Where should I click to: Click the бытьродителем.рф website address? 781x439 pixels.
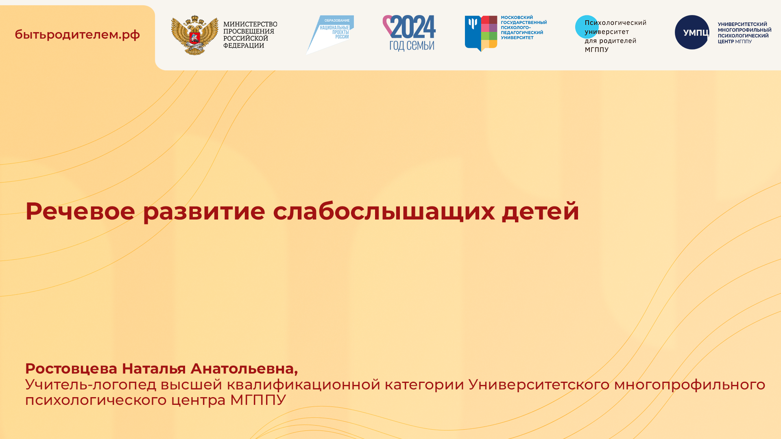tap(77, 35)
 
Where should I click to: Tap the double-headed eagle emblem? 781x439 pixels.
tap(194, 35)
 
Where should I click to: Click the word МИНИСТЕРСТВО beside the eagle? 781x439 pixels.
tap(250, 24)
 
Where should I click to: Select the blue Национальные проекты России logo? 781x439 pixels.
tap(330, 35)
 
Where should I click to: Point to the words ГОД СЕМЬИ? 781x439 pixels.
tap(412, 46)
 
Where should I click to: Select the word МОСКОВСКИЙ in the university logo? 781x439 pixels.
tap(517, 17)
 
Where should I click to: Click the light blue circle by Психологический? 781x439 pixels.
tap(586, 27)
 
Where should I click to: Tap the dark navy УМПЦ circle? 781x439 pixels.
tap(692, 33)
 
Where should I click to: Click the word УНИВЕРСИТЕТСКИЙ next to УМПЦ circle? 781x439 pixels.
tap(742, 24)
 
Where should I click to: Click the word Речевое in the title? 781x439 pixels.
tap(80, 211)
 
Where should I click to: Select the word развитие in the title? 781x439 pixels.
tap(204, 211)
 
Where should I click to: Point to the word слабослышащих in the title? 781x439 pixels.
tap(384, 211)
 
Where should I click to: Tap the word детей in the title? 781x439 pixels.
tap(540, 211)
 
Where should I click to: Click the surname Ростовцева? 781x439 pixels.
tap(71, 369)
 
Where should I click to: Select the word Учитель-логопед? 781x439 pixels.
tap(90, 385)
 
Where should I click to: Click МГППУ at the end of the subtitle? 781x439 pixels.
tap(258, 400)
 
